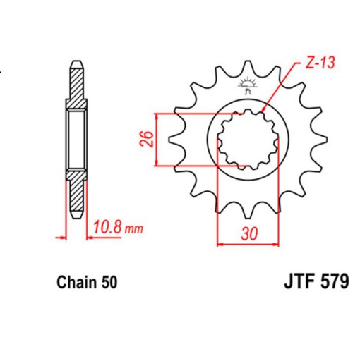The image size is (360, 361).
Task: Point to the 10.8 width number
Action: pyautogui.click(x=108, y=228)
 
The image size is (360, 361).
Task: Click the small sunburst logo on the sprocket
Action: pyautogui.click(x=246, y=87)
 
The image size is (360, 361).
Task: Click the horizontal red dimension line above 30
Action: pyautogui.click(x=247, y=245)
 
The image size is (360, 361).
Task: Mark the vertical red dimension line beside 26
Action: pyautogui.click(x=157, y=139)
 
